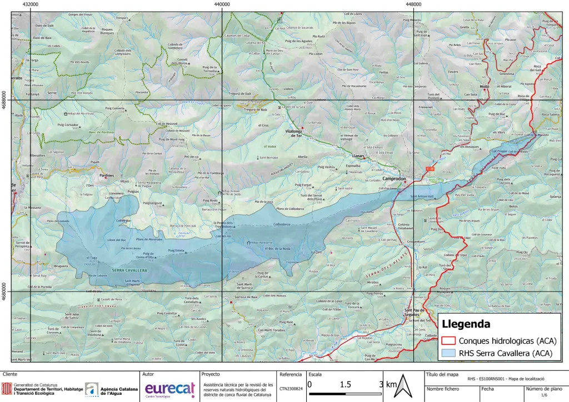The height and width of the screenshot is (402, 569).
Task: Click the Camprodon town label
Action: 395,179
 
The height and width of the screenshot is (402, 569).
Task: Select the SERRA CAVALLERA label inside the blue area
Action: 129,270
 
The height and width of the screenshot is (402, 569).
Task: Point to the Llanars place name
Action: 357,156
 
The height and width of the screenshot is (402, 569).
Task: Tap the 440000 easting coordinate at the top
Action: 222,4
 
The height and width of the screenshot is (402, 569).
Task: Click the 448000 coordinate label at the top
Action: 413,4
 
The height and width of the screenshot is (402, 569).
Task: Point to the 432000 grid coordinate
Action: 31,4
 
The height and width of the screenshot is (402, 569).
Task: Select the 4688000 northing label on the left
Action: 4,100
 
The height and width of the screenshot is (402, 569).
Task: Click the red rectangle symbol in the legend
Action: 448,340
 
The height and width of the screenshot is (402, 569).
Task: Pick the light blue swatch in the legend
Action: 448,353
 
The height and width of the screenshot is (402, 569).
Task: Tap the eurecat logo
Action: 169,388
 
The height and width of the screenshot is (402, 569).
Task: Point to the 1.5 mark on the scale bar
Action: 345,384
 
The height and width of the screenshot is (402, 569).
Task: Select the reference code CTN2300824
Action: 291,389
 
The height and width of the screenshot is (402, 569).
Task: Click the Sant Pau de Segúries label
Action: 415,312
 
